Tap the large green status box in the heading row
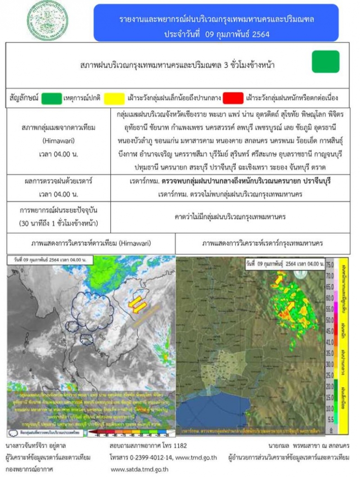pos(325,62)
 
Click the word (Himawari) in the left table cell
pos(57,141)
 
